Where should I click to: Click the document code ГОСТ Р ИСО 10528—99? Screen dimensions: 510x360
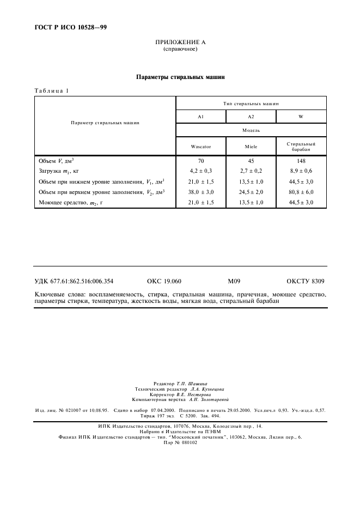[x=67, y=27]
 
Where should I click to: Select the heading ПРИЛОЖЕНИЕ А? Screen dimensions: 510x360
[x=180, y=42]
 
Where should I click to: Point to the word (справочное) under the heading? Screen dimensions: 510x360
[x=180, y=49]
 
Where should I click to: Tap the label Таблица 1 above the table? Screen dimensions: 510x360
[x=52, y=90]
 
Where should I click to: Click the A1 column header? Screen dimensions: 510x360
[x=200, y=117]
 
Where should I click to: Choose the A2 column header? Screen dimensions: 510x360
[x=251, y=117]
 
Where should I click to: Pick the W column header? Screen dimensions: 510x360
[x=301, y=117]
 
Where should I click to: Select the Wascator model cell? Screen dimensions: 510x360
[x=200, y=147]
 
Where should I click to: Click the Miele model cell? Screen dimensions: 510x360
[x=251, y=147]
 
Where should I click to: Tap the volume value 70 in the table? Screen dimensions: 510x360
[x=200, y=161]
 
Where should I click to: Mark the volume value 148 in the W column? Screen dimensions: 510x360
[x=301, y=161]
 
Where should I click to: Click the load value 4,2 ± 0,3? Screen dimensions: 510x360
[x=200, y=171]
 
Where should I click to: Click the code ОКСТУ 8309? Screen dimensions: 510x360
[x=306, y=281]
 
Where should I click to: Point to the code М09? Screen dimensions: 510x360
[x=234, y=281]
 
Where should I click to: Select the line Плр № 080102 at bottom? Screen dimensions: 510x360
[x=180, y=442]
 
